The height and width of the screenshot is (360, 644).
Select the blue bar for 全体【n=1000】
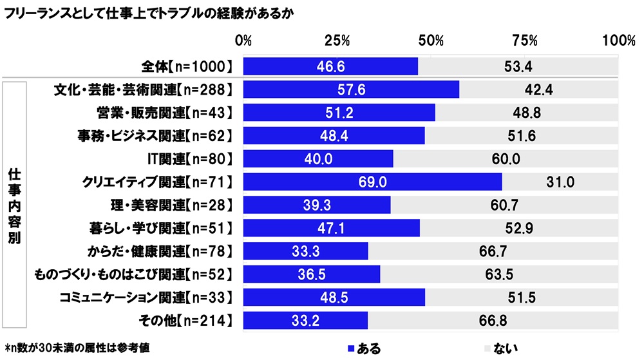(x=330, y=66)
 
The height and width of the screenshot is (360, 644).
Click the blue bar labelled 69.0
(x=372, y=182)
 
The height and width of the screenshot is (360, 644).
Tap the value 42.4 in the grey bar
(x=540, y=90)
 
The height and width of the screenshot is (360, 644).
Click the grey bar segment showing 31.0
(x=560, y=182)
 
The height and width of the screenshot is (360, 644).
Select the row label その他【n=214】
(x=182, y=320)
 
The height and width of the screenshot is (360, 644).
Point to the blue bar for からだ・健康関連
(x=305, y=251)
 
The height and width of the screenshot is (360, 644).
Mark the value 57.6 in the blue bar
(x=351, y=90)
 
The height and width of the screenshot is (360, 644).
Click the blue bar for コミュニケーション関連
(x=334, y=297)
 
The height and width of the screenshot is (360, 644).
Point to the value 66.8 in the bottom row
(x=494, y=320)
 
